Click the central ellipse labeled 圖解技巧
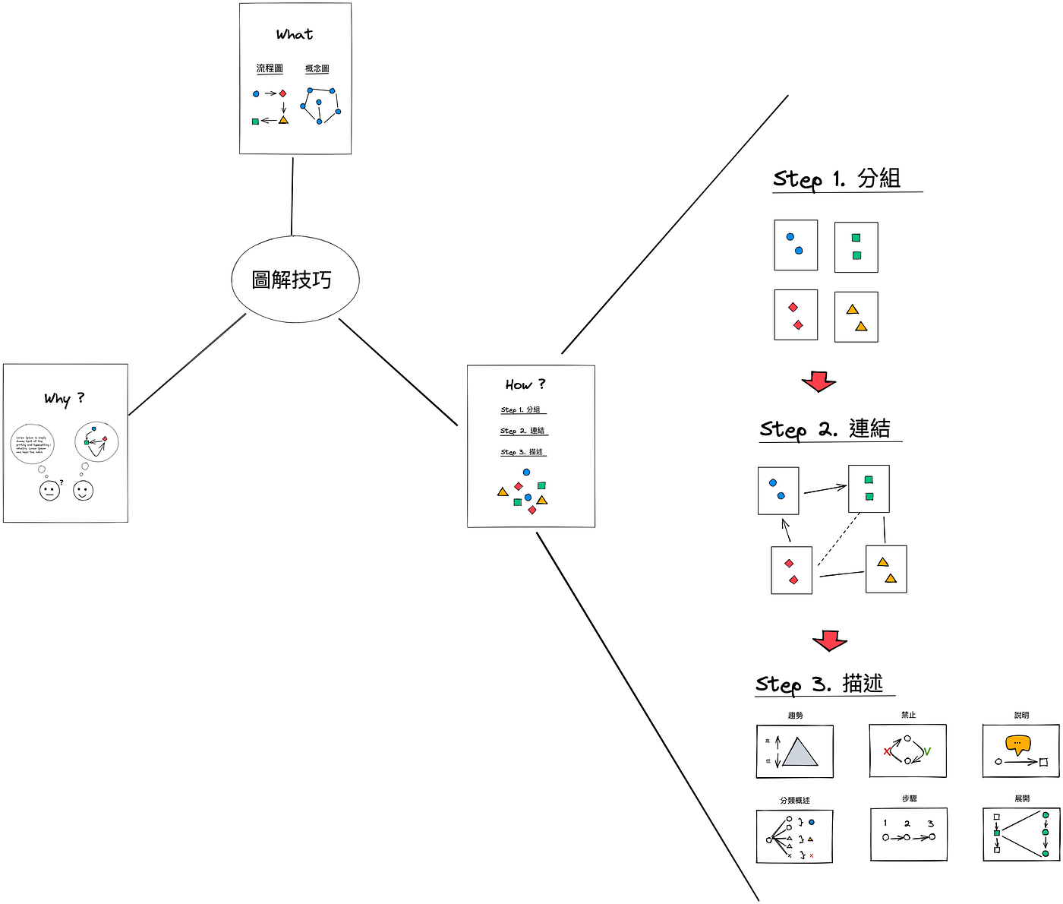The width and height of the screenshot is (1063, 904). coord(295,280)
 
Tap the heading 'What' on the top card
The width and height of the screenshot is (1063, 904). coord(295,34)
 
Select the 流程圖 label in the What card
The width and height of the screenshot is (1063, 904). coord(270,68)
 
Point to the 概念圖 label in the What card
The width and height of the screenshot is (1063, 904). coord(317,68)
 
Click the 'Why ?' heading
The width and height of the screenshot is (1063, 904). coord(65,398)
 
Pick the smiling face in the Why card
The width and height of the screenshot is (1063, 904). coord(84,491)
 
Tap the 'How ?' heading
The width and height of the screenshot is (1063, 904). coord(525,384)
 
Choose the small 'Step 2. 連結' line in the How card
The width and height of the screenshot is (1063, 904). coord(522,431)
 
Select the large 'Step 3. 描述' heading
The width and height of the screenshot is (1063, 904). coord(820,684)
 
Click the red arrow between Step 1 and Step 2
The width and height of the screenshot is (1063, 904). coord(819,381)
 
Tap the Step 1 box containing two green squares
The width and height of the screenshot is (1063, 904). coord(856,247)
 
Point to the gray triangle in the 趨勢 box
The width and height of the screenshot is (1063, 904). coord(800,754)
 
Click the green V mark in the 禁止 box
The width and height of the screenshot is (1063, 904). coord(927,751)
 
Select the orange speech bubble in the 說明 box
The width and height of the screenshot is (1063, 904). coord(1017,744)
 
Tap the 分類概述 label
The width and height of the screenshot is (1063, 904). coord(795,800)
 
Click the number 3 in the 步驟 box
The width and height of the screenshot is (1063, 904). coord(930,823)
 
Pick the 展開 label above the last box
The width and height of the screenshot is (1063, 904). coord(1022,798)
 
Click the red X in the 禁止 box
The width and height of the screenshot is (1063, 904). coord(886,752)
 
